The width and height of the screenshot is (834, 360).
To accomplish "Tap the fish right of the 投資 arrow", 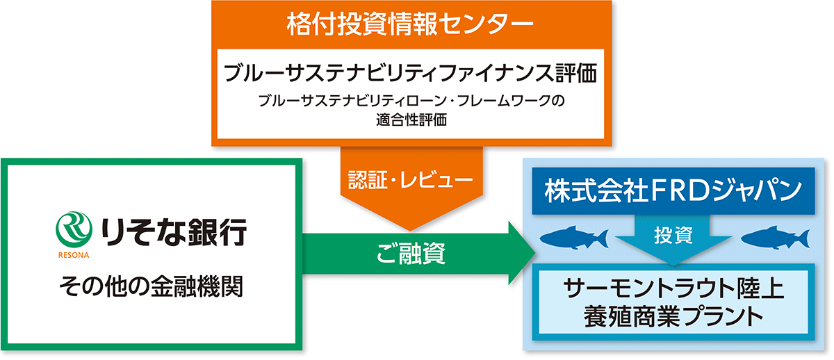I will pos(775,238).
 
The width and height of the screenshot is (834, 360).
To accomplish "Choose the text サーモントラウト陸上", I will pos(673,288).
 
